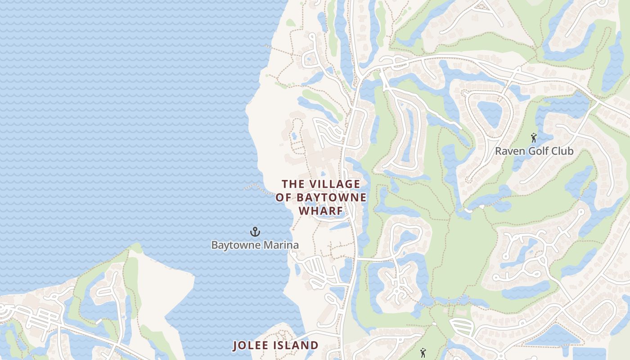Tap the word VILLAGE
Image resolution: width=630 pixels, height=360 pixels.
(334, 184)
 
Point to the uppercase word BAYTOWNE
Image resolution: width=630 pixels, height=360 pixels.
(331, 198)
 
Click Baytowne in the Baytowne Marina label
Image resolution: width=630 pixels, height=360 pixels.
(234, 245)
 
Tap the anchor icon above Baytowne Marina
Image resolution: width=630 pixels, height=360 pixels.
(255, 232)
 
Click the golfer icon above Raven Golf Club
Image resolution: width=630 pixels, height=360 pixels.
(534, 138)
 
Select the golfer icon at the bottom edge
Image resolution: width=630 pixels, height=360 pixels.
(423, 353)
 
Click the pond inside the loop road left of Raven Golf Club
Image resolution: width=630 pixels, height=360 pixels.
(489, 112)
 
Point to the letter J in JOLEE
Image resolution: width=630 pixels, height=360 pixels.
(235, 346)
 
